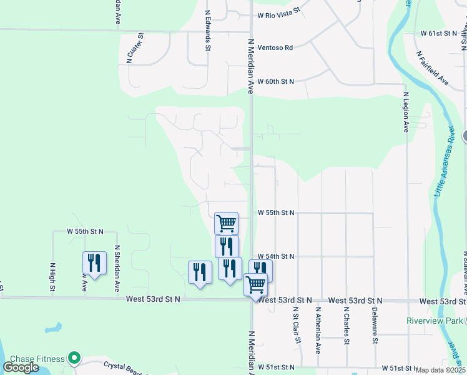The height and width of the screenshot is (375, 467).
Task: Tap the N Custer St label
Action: (x=135, y=47)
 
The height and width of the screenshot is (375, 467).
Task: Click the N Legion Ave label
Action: (x=405, y=112)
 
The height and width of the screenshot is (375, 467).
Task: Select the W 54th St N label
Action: (x=275, y=256)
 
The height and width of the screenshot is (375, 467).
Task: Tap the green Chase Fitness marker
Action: (x=75, y=358)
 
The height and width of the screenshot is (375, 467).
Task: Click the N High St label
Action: (x=52, y=276)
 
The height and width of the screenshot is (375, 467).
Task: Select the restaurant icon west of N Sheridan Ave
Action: (x=94, y=262)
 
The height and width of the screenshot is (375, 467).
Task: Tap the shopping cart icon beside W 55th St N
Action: (x=226, y=222)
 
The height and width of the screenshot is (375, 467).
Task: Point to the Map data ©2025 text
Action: (x=441, y=370)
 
